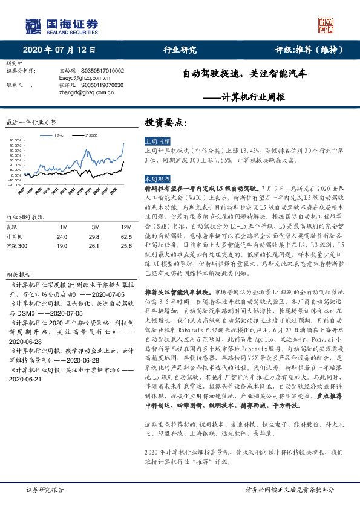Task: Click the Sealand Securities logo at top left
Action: [x=61, y=25]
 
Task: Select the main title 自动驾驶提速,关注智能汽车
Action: [x=244, y=75]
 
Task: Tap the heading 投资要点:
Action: [x=162, y=123]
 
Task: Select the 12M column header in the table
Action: [x=110, y=227]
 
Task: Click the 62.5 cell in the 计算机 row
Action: [x=110, y=237]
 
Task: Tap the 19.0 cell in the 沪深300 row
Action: [x=62, y=246]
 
